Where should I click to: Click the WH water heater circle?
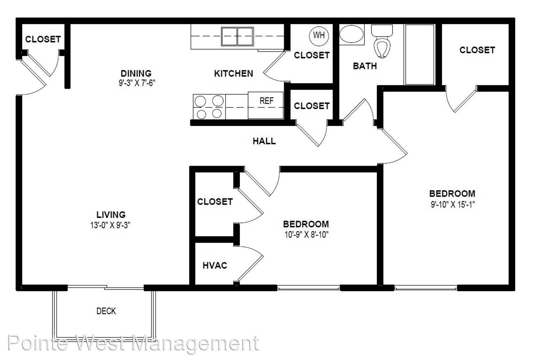(319, 36)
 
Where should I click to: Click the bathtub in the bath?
(419, 54)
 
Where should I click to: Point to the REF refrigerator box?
(266, 105)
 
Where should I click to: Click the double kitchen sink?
(237, 36)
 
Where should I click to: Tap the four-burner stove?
(209, 107)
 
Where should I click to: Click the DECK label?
(106, 311)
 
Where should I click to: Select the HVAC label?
(215, 265)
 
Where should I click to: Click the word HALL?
(264, 141)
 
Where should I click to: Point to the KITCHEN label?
(234, 74)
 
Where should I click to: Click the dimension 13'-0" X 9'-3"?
(110, 225)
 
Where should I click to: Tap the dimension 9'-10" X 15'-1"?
(453, 204)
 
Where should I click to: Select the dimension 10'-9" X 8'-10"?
(306, 235)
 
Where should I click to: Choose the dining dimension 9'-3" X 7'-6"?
(137, 83)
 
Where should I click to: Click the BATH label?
(365, 66)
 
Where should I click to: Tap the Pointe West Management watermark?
(133, 343)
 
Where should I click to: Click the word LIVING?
(111, 215)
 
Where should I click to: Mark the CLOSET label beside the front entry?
(43, 39)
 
